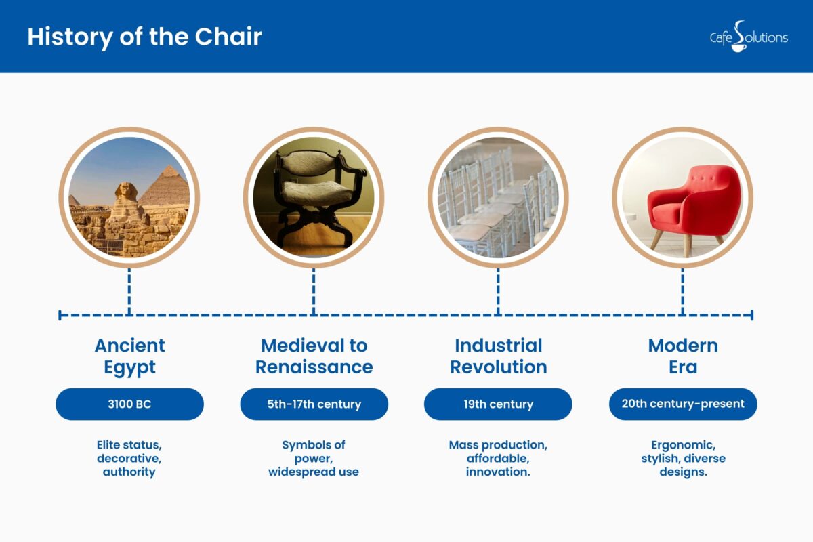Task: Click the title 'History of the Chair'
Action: [x=144, y=37]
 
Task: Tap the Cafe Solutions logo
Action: [x=748, y=37]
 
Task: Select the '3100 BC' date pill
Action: [x=129, y=404]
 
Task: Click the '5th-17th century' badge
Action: [x=314, y=404]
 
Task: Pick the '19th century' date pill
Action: [x=498, y=404]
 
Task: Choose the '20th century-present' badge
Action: [x=683, y=404]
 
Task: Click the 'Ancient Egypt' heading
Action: [x=129, y=356]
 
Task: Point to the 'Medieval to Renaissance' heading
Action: [x=314, y=356]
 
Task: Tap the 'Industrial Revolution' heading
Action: [x=498, y=356]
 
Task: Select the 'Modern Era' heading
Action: [x=683, y=356]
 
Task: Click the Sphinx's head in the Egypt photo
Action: [x=125, y=192]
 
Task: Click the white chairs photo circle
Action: [x=498, y=197]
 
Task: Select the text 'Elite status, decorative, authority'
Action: [x=129, y=459]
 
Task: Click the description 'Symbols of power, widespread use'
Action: [x=314, y=459]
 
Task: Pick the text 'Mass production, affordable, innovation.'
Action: [x=498, y=459]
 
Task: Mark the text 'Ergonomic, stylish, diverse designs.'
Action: [x=683, y=459]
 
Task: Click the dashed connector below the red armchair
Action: [x=682, y=291]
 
